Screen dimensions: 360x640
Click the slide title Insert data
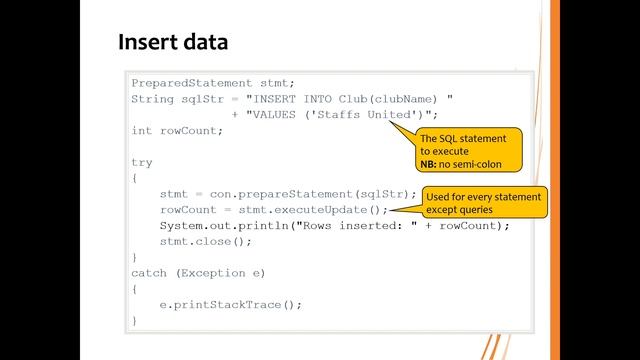173,43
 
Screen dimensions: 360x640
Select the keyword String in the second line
152,99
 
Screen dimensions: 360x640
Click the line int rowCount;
177,131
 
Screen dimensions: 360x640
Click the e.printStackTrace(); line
230,304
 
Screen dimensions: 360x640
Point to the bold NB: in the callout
430,163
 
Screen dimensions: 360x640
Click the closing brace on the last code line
134,320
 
